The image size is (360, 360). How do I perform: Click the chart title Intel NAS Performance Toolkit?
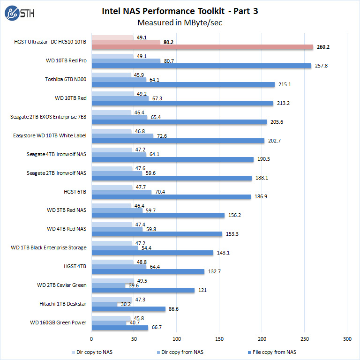tap(180, 10)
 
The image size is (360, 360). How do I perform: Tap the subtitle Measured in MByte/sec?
tap(180, 22)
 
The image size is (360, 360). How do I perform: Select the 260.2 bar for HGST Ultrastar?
tap(202, 47)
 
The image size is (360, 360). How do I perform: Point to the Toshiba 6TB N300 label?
tap(66, 79)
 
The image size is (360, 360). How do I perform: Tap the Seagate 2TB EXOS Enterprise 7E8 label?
tap(48, 117)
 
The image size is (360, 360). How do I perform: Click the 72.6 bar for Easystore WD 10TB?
tap(122, 136)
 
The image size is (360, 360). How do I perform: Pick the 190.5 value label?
tap(263, 159)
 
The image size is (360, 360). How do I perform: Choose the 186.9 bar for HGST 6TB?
tap(171, 197)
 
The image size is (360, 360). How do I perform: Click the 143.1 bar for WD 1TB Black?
tap(152, 253)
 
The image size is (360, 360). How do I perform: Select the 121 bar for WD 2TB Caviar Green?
tap(143, 291)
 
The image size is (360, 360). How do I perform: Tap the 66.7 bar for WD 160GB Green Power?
tap(120, 328)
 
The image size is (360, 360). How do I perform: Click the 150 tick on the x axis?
tap(219, 338)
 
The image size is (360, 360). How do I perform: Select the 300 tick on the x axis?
tap(347, 338)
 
